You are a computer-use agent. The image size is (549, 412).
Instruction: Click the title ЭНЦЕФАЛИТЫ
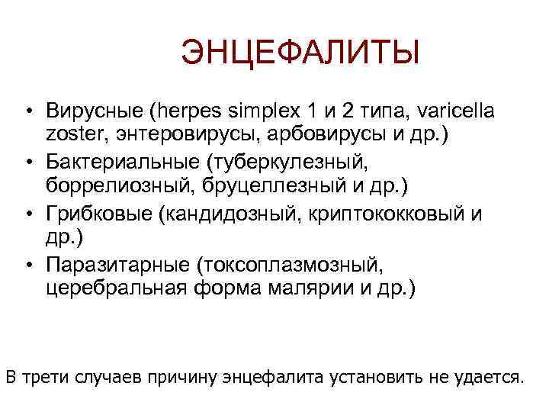pos(300,56)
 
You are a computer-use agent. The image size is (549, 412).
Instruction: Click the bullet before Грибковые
pos(28,214)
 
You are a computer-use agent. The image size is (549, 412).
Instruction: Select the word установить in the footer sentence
pos(387,376)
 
